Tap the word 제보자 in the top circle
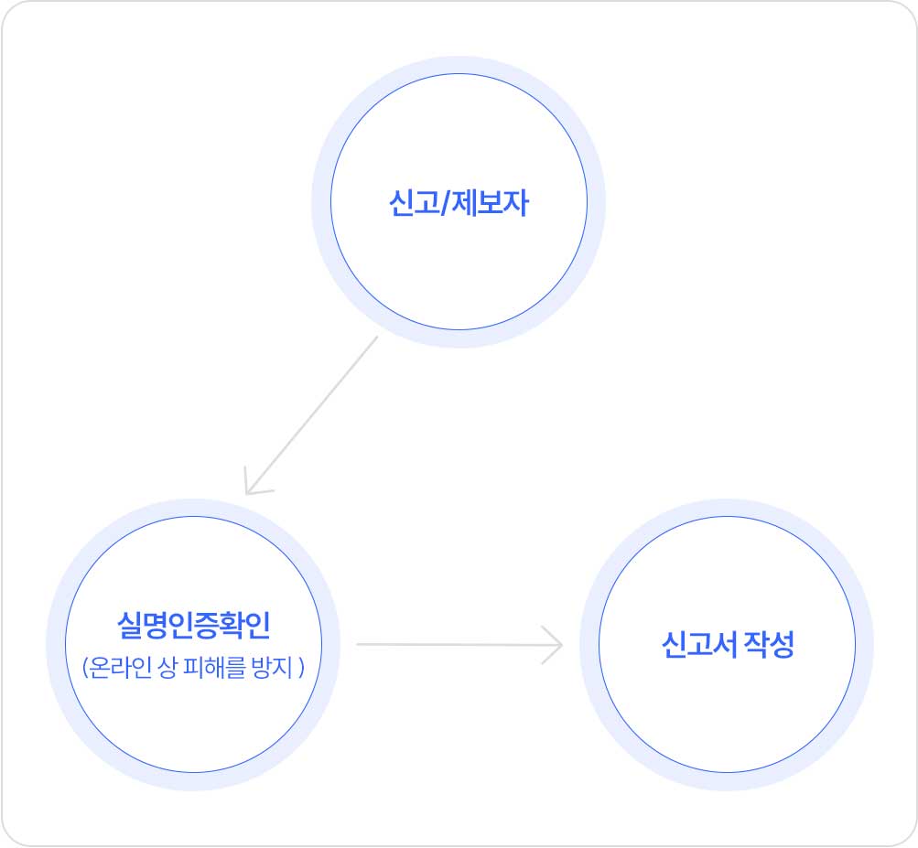point(490,203)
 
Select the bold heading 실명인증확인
point(194,625)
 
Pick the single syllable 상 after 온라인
point(167,667)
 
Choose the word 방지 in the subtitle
point(272,667)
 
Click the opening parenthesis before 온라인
point(85,668)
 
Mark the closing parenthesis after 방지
point(301,668)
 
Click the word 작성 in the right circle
point(769,644)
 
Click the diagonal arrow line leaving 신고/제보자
point(311,415)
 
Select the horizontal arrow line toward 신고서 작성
point(459,644)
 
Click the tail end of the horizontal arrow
point(357,644)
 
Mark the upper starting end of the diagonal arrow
point(378,337)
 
